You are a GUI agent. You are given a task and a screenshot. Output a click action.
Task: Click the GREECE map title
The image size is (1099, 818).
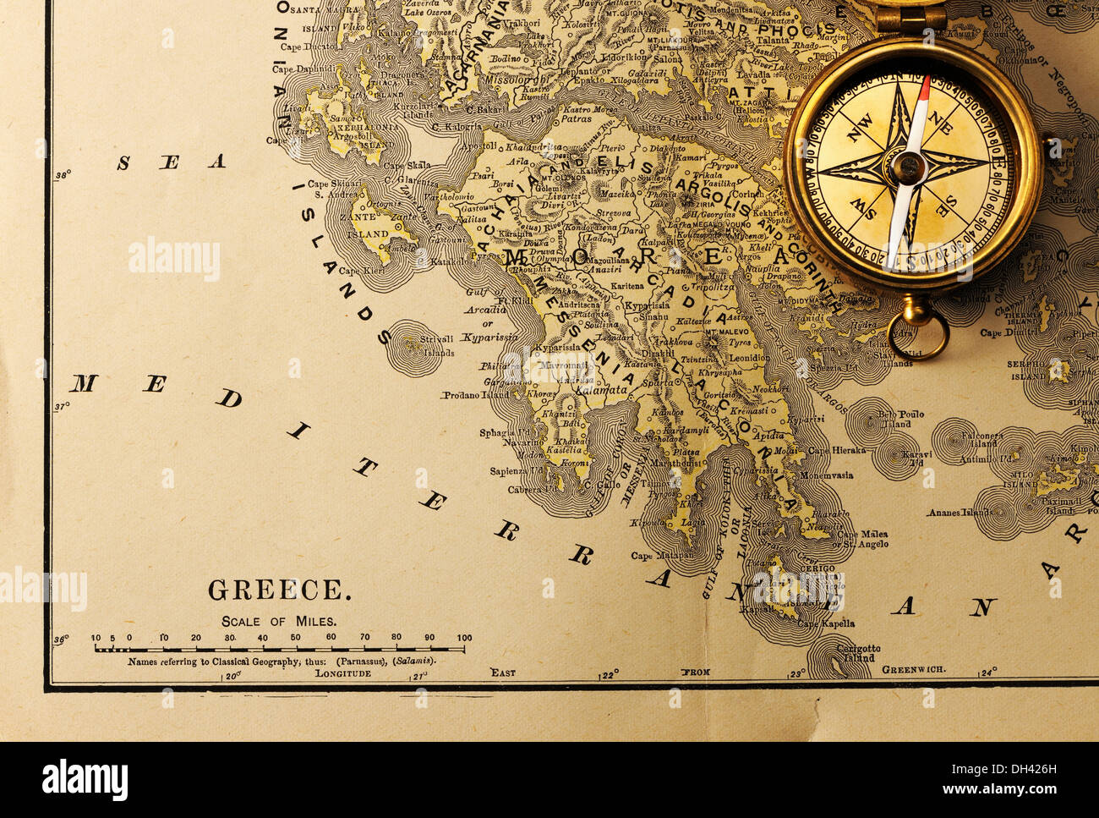coord(279,590)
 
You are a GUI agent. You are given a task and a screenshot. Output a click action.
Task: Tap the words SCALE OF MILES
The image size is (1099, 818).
coord(279,621)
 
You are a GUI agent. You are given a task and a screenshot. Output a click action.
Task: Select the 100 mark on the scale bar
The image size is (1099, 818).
coord(464,638)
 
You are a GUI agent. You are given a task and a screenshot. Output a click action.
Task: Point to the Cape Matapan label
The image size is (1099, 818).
coord(662,556)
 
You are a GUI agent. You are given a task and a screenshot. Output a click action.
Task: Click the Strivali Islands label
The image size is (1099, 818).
coord(439,346)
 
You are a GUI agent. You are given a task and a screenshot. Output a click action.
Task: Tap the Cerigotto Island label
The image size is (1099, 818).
coord(857,653)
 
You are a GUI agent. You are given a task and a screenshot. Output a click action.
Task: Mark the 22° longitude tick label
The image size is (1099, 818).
coord(610,674)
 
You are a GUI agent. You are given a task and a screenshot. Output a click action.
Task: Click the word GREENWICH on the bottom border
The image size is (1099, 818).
coord(915,669)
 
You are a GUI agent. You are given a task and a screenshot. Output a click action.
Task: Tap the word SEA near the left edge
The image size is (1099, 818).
coord(171,162)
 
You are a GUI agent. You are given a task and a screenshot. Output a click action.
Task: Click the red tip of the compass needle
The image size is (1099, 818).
coord(926,85)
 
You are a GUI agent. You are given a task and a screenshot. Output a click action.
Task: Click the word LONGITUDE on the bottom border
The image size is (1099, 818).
coord(343,674)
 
